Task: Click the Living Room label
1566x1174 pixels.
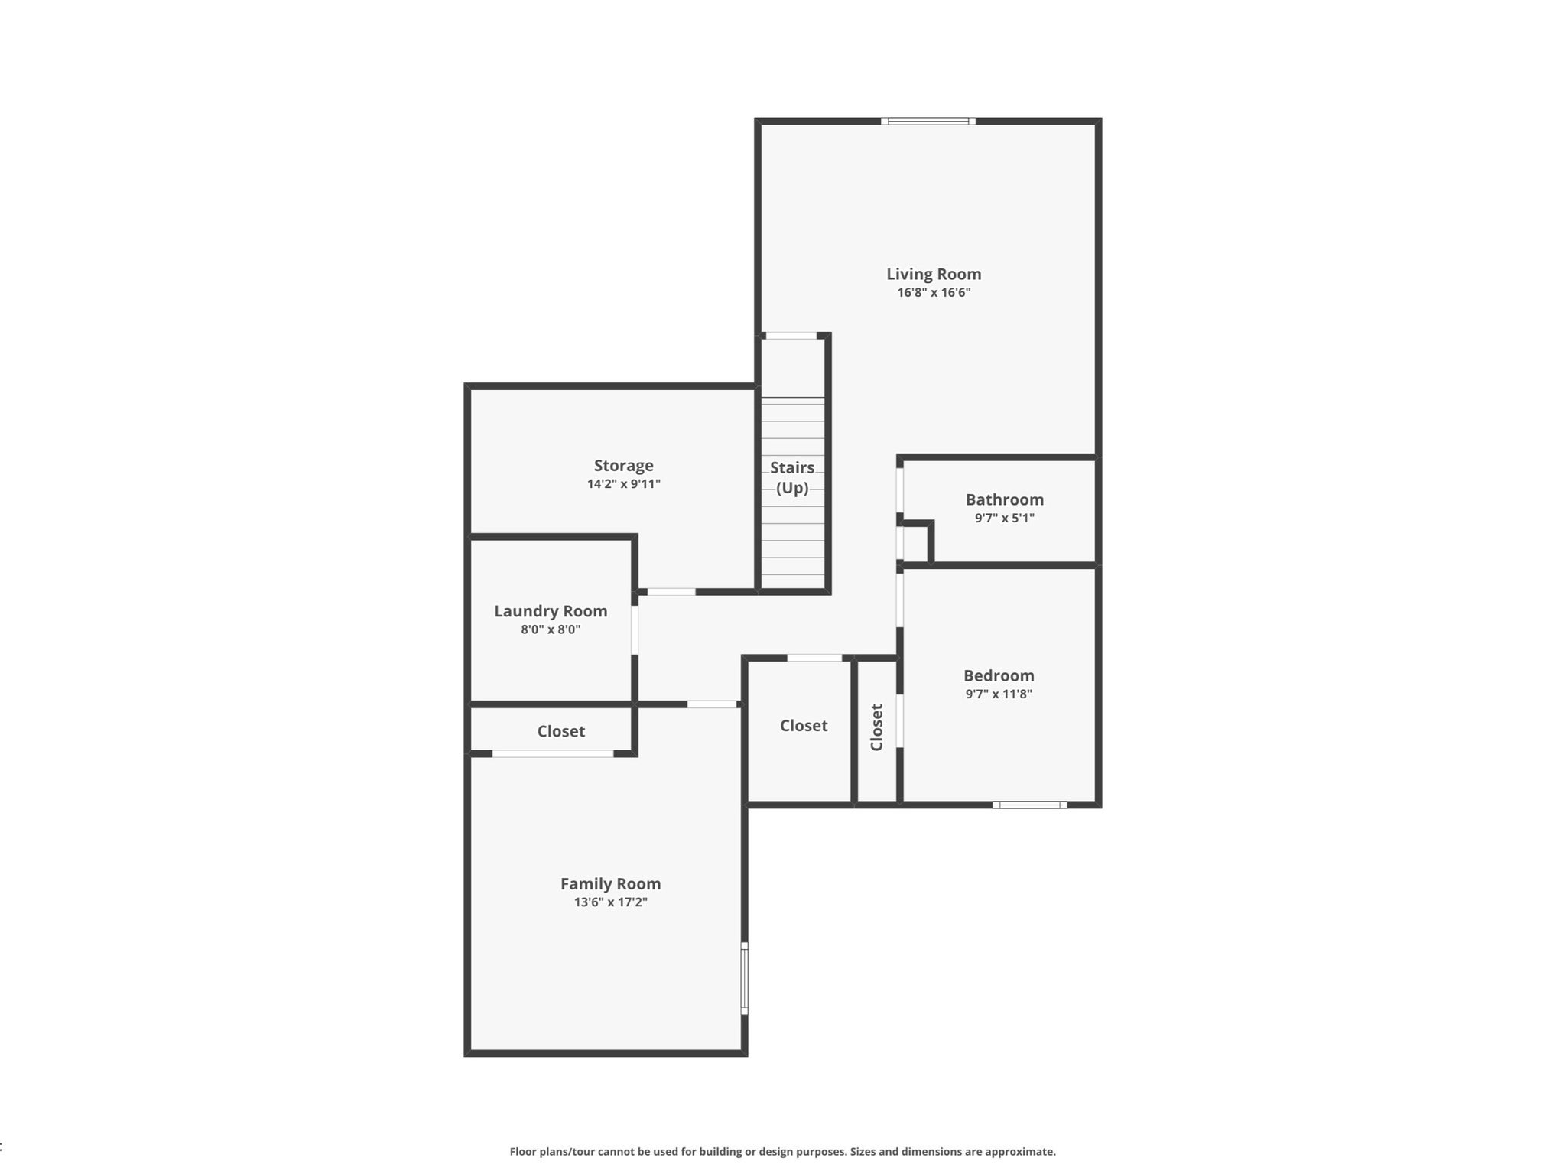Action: tap(934, 274)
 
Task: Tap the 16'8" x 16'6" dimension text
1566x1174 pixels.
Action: tap(934, 292)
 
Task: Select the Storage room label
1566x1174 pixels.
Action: tap(623, 466)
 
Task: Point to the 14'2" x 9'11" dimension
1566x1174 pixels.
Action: tap(623, 483)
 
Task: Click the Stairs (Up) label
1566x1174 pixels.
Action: tap(792, 477)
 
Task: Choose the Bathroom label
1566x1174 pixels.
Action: tap(1004, 499)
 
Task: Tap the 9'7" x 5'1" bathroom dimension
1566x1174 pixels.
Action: tap(1004, 518)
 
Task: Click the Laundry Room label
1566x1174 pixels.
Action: tap(551, 611)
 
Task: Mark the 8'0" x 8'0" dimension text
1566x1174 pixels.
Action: tap(551, 629)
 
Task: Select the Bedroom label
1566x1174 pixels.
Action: tap(999, 675)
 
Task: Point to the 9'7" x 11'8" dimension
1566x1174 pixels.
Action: tap(999, 694)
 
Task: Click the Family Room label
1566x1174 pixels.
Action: tap(610, 883)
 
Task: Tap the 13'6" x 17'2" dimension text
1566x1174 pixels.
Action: tap(610, 902)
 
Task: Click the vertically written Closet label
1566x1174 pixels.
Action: tap(876, 727)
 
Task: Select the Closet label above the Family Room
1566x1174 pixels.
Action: tap(560, 731)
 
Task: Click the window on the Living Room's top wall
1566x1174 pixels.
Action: tap(928, 121)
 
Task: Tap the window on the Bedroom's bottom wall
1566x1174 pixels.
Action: tap(1029, 805)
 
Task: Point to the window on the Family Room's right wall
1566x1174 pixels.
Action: tap(744, 979)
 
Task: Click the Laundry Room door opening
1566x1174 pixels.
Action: tap(635, 630)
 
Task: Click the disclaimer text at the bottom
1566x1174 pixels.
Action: tap(782, 1152)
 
